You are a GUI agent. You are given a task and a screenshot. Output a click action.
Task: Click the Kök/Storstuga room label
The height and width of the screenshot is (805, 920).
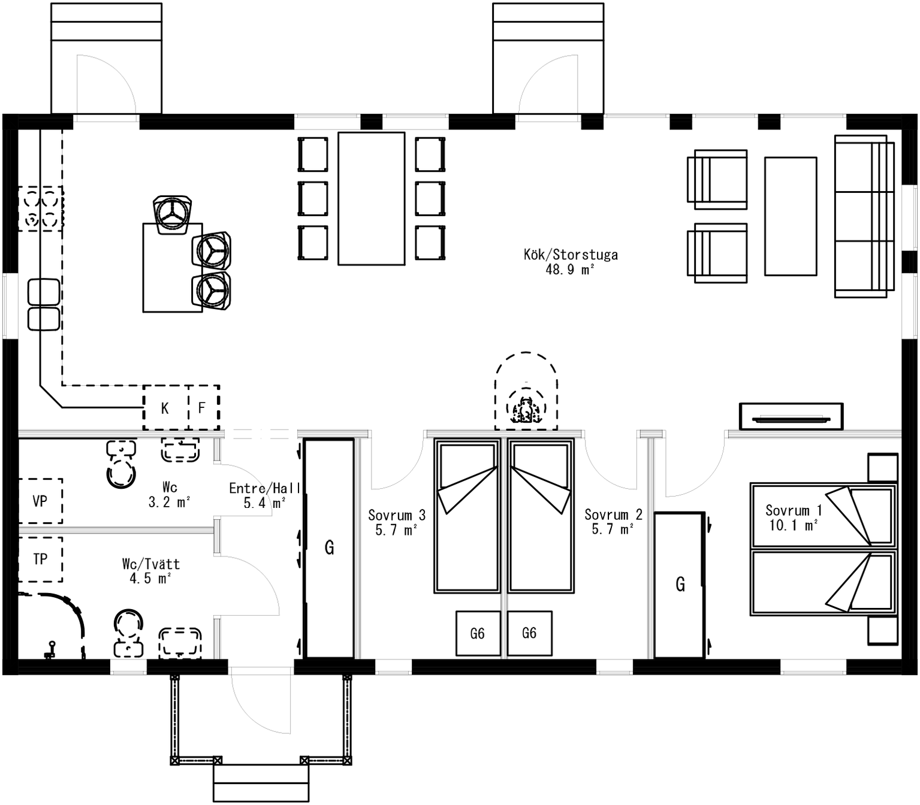click(570, 255)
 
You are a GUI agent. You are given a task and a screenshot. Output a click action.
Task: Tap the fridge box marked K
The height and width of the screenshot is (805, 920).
click(165, 407)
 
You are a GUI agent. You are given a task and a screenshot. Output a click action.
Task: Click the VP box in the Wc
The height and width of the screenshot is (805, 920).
click(40, 501)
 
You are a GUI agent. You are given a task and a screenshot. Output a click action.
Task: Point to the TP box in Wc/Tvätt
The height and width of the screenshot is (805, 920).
click(40, 559)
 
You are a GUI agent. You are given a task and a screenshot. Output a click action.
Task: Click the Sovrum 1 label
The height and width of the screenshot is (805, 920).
click(794, 510)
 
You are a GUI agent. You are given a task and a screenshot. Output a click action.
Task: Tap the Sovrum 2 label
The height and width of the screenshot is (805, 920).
click(613, 515)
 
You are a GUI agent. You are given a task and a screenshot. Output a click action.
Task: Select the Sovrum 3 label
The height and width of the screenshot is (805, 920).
click(397, 515)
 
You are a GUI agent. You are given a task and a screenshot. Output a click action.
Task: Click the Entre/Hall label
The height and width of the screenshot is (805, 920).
click(264, 488)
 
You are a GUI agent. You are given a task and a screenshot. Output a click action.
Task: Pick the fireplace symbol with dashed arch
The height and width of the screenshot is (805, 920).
click(526, 391)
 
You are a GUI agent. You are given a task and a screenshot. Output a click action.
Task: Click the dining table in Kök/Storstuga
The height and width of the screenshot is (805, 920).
click(372, 199)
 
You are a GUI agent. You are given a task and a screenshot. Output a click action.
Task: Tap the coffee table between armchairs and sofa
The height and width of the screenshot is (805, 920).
click(791, 216)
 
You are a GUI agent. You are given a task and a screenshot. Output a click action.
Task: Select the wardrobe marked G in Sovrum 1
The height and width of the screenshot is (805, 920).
click(680, 585)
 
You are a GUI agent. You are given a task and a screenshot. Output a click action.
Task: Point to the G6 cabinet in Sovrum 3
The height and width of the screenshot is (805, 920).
click(478, 633)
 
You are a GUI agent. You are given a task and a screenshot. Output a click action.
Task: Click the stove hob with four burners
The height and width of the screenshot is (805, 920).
click(41, 209)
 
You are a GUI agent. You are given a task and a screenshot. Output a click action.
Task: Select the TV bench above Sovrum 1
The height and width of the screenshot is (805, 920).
click(791, 416)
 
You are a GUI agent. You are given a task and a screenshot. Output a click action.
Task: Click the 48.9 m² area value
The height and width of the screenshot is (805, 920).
click(570, 270)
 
